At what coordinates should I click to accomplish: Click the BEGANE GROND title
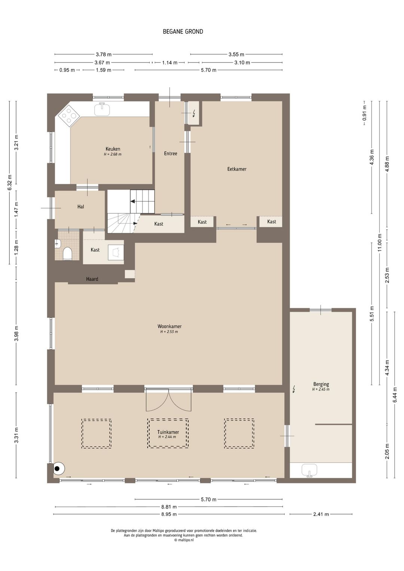click(183, 31)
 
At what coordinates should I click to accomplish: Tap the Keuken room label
click(113, 149)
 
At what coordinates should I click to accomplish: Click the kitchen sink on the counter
click(102, 109)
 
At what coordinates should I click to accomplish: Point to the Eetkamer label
click(237, 169)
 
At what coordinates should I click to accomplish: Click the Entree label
click(171, 153)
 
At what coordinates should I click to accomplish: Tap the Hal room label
click(80, 207)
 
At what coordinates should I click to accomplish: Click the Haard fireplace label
click(92, 279)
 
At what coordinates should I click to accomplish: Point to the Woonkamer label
click(169, 326)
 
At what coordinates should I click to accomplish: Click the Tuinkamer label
click(168, 432)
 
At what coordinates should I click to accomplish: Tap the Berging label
click(321, 384)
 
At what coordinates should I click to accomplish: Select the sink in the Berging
click(309, 470)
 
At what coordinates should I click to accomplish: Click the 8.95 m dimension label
click(169, 514)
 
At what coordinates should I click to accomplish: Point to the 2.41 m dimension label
click(321, 514)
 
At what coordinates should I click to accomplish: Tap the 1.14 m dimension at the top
click(170, 62)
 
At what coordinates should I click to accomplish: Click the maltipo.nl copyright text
click(184, 540)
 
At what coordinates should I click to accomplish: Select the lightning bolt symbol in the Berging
click(294, 389)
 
